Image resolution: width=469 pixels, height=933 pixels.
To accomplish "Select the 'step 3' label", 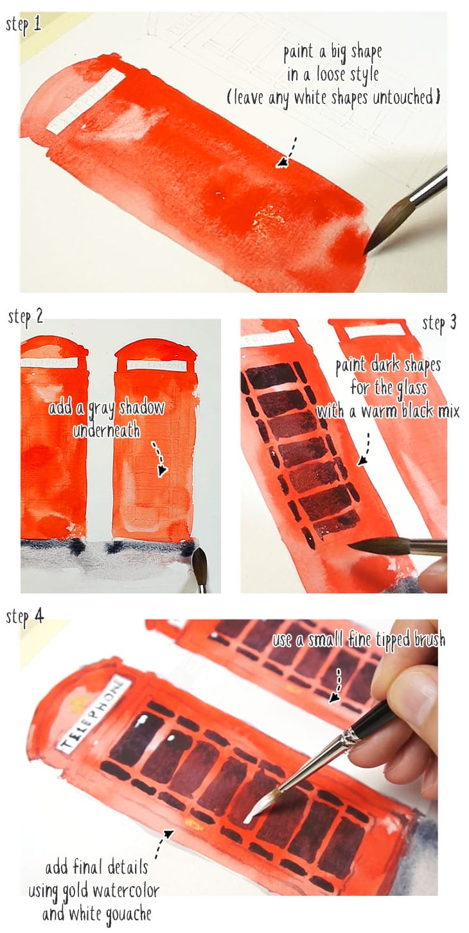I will coord(439,324).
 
